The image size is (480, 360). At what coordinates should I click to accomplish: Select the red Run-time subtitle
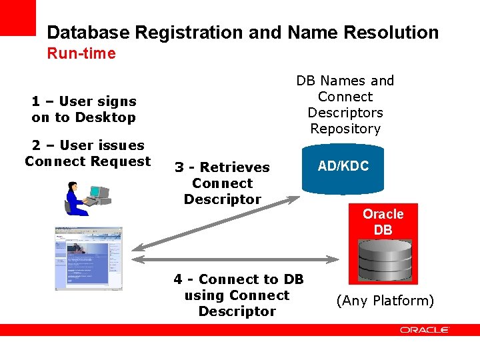coord(81,53)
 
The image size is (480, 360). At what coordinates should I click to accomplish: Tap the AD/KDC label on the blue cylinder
coord(343,166)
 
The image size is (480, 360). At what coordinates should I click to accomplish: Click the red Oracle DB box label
coord(383,222)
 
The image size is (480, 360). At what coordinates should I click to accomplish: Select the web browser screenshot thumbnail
coord(89,258)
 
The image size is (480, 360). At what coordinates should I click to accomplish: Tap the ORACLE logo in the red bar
coord(425,330)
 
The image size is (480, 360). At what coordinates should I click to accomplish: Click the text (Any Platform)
coord(385,301)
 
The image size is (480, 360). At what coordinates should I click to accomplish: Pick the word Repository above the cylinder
coord(345,129)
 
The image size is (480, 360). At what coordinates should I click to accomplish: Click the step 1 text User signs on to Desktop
coord(83,109)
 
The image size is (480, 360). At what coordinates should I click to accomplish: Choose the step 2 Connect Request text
coord(87,153)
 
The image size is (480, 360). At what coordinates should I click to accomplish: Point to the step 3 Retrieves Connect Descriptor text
coord(222,183)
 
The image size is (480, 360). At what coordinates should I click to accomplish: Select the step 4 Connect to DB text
coord(237,295)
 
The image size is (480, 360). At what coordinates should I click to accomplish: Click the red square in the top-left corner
coord(17,17)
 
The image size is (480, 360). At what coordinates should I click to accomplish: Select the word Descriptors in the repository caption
coord(345,113)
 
